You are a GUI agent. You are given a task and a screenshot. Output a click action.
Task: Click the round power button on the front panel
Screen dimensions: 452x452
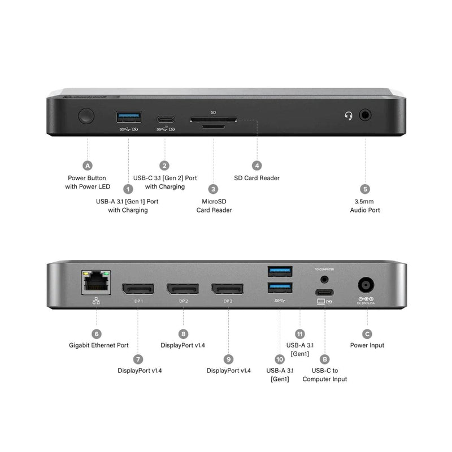coord(87,117)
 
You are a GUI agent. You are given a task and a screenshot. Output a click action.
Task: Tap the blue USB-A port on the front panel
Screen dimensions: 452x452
coord(128,117)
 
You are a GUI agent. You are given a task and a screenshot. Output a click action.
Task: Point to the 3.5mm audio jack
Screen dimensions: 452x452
coord(366,115)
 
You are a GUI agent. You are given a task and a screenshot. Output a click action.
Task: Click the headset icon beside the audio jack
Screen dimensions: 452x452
coord(349,116)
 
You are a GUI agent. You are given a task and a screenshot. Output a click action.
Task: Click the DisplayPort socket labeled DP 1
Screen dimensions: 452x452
coord(137,289)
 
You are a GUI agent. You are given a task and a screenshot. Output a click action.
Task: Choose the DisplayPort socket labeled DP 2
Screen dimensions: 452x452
coord(182,289)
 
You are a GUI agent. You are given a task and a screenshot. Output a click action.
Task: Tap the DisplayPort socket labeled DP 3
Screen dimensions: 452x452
coord(228,289)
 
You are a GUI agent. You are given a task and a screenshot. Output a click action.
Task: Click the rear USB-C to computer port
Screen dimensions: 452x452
coord(324,292)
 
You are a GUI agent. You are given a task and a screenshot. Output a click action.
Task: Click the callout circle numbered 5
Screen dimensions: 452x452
coord(365,189)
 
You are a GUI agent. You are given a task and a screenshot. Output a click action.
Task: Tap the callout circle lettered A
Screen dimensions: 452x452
coord(87,166)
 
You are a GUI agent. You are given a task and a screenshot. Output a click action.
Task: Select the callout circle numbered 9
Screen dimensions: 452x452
coord(228,359)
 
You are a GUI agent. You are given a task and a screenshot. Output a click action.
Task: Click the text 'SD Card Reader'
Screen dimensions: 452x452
coord(257,178)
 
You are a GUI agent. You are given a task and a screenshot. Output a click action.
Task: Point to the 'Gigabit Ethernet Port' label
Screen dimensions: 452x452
coord(96,345)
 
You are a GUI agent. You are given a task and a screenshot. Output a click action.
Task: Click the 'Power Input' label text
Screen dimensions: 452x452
coord(367,345)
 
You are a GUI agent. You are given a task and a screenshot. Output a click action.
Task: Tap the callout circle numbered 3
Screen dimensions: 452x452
coord(214,189)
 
